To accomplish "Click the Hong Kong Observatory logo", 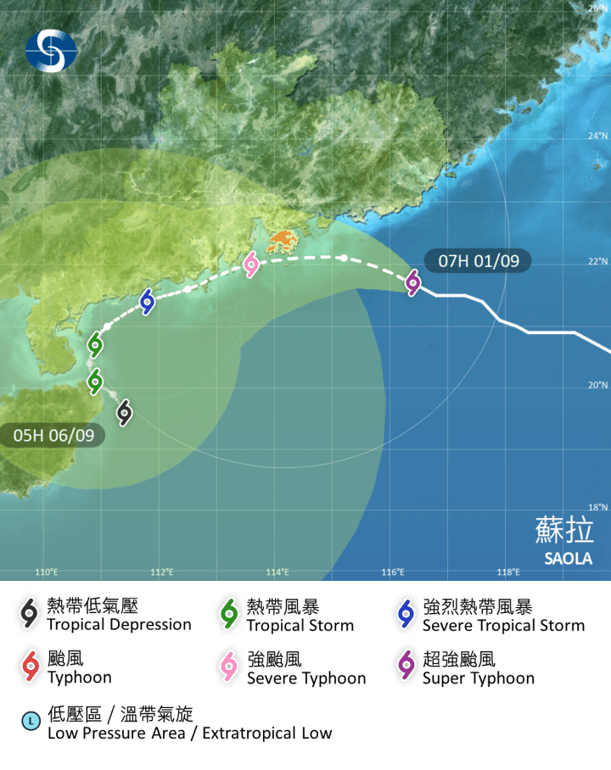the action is (50, 50).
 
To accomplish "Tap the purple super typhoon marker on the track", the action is (413, 282).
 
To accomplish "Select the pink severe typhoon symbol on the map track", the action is (251, 265).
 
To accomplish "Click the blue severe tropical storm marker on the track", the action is (148, 301).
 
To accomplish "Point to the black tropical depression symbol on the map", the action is (124, 412).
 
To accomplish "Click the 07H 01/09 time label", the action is (479, 261).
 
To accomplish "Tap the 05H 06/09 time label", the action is (53, 435).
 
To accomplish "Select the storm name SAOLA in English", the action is (568, 559).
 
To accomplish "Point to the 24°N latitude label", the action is (598, 136).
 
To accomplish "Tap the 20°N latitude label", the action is (598, 385).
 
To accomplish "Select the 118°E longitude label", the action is (507, 572).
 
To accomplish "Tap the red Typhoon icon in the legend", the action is (31, 667).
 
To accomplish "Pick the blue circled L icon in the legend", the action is (31, 722).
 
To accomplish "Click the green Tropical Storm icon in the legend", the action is (228, 614).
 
